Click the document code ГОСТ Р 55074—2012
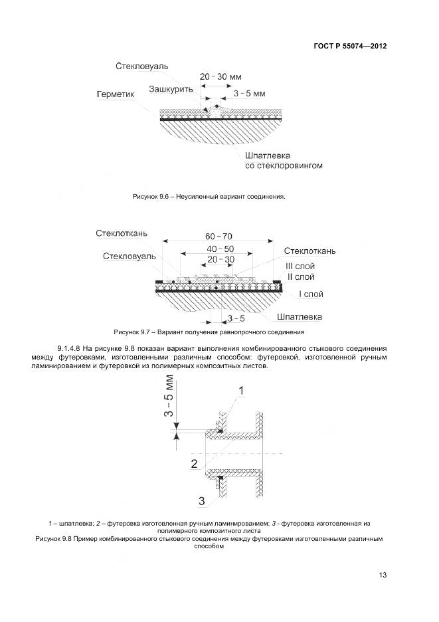[350, 47]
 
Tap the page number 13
[382, 575]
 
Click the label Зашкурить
[171, 88]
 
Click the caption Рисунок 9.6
[209, 197]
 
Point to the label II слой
[300, 276]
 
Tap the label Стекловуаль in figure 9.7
[130, 256]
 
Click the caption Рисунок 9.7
[209, 332]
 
